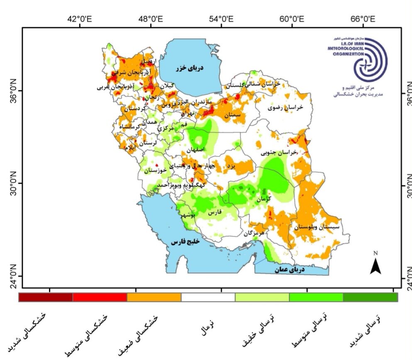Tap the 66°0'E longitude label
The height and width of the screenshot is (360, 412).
point(363,19)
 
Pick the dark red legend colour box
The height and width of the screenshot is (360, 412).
point(46,297)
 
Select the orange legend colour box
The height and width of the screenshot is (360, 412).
point(154,297)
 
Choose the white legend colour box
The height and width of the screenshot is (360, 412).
point(208,297)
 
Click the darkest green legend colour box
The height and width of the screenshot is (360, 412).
point(370,297)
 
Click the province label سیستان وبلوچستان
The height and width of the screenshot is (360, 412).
point(317,227)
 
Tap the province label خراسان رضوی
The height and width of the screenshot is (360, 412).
point(286,107)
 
